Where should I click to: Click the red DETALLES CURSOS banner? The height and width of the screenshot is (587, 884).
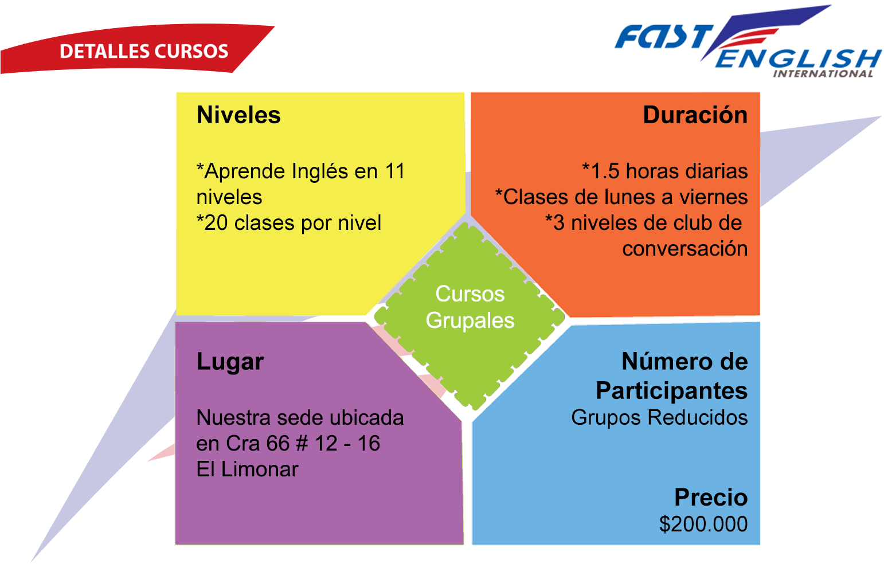[x=134, y=49]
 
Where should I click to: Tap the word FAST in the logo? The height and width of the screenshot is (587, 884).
[x=664, y=37]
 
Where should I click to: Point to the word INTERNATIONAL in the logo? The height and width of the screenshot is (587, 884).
[x=823, y=74]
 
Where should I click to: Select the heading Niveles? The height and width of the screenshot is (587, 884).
[x=238, y=115]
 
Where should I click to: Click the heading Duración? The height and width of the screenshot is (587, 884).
[x=695, y=115]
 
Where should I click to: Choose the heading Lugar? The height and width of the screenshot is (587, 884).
[x=230, y=362]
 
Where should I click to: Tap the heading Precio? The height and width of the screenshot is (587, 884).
[x=711, y=497]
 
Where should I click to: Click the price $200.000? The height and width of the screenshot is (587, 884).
[x=703, y=524]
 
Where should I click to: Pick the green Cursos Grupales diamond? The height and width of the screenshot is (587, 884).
[x=470, y=316]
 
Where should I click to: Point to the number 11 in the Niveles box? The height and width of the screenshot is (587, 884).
[x=395, y=171]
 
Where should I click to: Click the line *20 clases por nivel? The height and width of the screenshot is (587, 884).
[x=289, y=223]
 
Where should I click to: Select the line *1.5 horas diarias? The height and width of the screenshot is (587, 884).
[x=665, y=171]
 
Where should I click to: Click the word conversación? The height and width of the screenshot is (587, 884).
[x=685, y=249]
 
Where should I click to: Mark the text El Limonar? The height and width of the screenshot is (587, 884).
[x=248, y=469]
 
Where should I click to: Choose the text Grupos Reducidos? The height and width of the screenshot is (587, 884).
[x=659, y=417]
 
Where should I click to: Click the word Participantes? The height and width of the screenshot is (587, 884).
[x=672, y=390]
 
